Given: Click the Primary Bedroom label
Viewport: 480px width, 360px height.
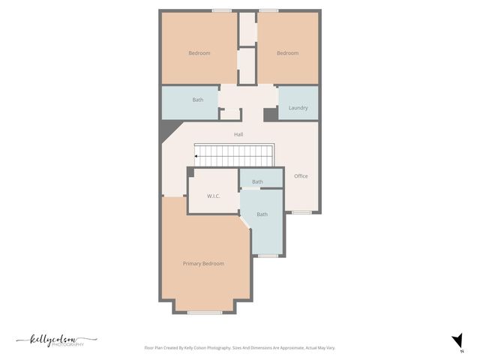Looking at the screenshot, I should (203, 263).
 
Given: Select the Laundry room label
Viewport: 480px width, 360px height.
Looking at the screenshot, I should (298, 108).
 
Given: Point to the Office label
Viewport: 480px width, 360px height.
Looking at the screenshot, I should (301, 176).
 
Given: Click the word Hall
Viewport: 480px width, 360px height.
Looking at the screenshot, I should (238, 134).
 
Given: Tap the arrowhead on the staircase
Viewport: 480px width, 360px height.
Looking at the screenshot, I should (196, 156).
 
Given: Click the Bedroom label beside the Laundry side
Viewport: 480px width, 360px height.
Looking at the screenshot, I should (287, 53).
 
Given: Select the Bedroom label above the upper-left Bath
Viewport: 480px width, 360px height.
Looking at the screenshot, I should (199, 53).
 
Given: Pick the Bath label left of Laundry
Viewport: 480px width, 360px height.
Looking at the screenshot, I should (198, 100).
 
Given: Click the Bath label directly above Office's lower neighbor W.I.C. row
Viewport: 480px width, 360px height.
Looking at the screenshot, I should (257, 181).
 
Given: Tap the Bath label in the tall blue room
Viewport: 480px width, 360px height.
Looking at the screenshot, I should (262, 214).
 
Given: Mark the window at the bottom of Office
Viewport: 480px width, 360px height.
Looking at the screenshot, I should (301, 212).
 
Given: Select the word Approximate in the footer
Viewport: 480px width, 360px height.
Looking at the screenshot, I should (283, 348).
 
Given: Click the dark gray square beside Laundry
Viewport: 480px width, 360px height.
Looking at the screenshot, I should (270, 115).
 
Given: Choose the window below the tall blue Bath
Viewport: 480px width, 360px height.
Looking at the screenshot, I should (268, 256).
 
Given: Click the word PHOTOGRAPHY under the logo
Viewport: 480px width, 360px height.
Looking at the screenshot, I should (70, 345).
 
